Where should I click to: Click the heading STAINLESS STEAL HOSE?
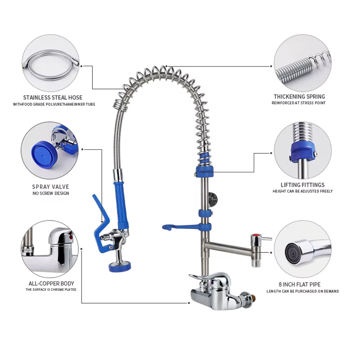[x=53, y=98]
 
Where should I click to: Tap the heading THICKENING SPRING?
[x=299, y=97]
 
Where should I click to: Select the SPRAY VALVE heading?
[x=50, y=187]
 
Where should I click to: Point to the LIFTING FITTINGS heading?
[x=302, y=185]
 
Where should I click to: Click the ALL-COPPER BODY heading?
[x=51, y=283]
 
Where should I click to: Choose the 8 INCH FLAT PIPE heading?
[x=300, y=284]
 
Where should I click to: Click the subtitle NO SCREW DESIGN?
[x=51, y=193]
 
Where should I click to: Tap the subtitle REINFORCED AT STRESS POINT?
[x=298, y=103]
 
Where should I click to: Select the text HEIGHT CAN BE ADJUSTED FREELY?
[x=302, y=191]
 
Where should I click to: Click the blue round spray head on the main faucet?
[x=120, y=266]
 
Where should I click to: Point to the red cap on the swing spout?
[x=255, y=235]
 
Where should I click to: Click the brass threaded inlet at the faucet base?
[x=253, y=298]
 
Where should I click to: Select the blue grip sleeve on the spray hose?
[x=121, y=203]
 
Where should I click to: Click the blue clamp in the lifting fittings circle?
[x=302, y=152]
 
